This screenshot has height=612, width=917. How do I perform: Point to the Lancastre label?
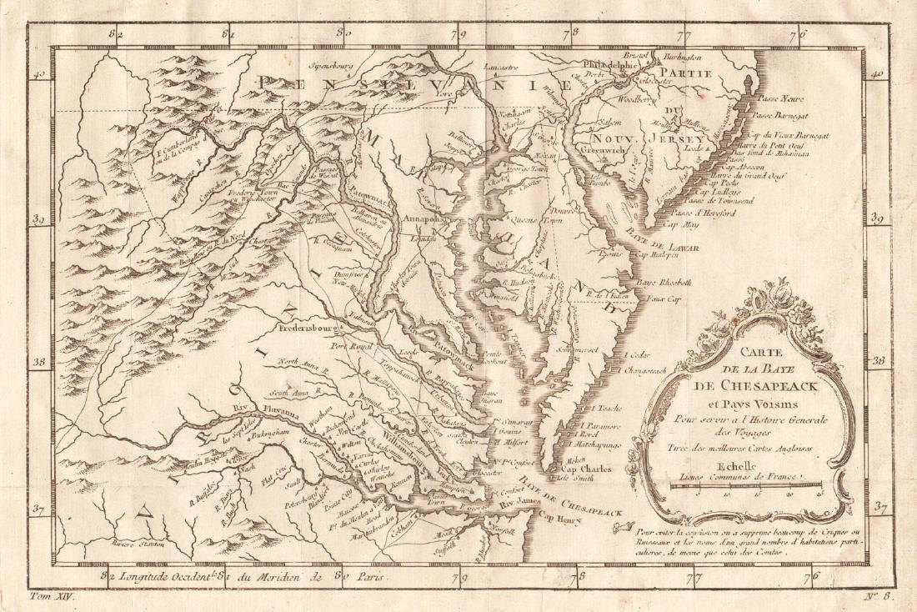coord(524,68)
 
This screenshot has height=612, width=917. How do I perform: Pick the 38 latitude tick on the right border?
coord(878,362)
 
